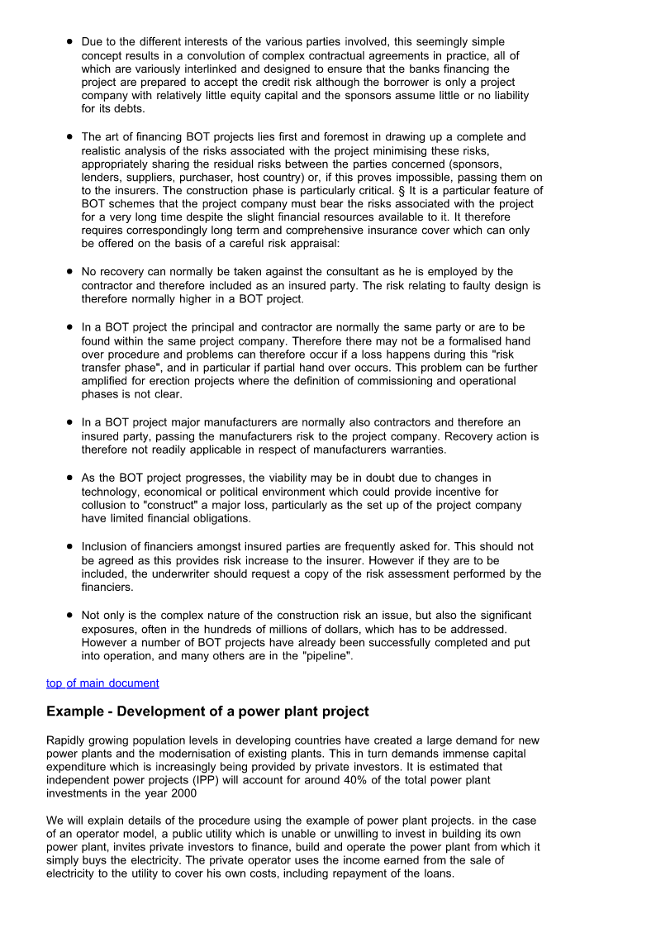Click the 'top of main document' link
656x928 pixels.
[x=102, y=683]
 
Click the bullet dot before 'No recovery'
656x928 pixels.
[x=69, y=272]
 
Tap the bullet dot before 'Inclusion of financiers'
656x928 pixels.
[x=69, y=546]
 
